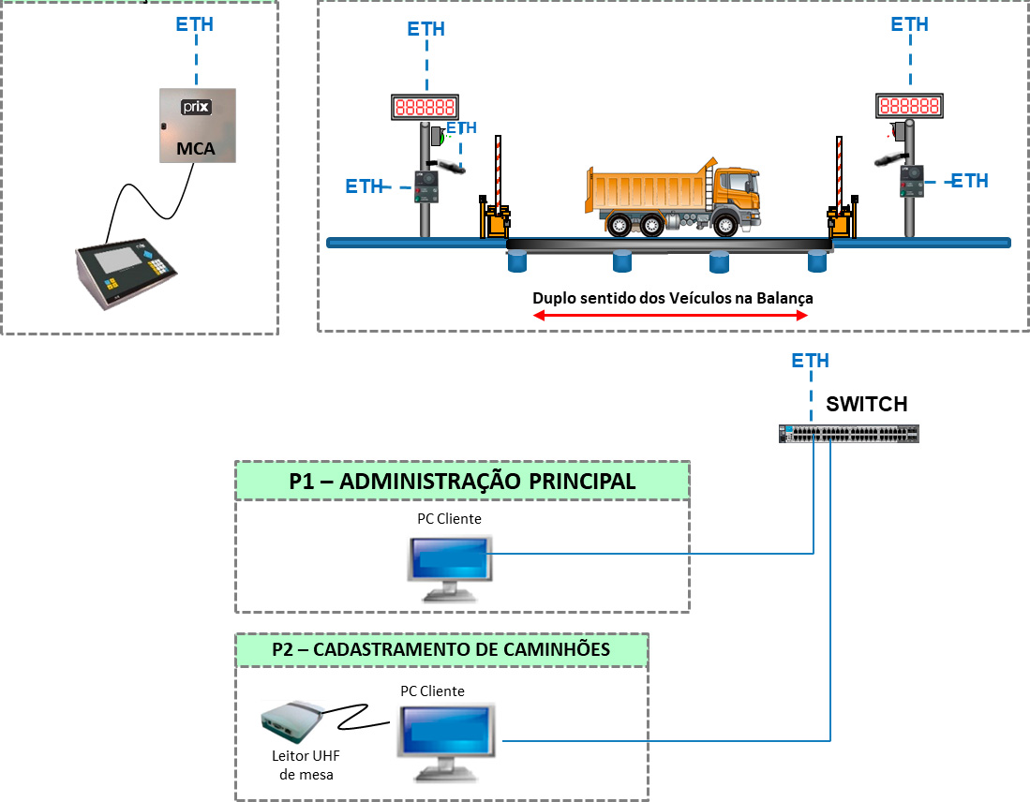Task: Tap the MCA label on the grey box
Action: tap(197, 148)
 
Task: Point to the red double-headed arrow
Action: tap(670, 317)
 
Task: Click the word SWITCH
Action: tap(866, 405)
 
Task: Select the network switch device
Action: tap(849, 433)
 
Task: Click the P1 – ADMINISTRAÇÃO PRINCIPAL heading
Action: tap(462, 482)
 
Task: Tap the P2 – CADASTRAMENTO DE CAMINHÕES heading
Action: tap(441, 649)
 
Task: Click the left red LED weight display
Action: tap(425, 107)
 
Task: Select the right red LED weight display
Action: tap(909, 107)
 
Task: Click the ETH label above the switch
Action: tap(810, 361)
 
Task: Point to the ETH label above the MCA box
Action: tap(195, 24)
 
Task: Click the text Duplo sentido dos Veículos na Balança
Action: tap(672, 298)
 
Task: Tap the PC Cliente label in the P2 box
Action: tap(432, 691)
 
